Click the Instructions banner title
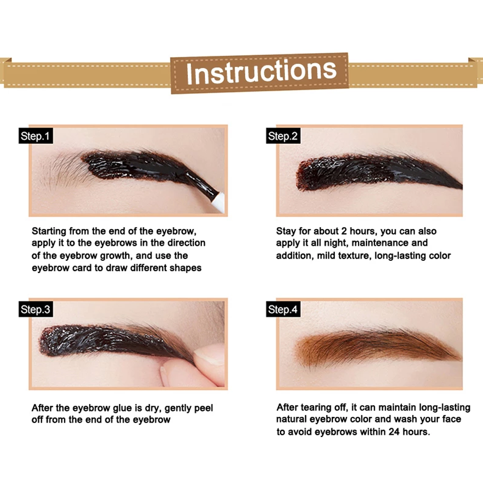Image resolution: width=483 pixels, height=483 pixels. pyautogui.click(x=261, y=71)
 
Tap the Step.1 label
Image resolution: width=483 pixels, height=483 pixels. pyautogui.click(x=35, y=136)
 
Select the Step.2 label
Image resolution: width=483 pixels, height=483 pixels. pyautogui.click(x=283, y=136)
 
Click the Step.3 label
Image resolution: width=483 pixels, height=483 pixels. pyautogui.click(x=35, y=310)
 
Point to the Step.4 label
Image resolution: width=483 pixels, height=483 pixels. pyautogui.click(x=283, y=310)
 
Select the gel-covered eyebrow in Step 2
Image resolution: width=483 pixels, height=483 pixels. pyautogui.click(x=372, y=171)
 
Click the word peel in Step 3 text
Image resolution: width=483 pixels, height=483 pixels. pyautogui.click(x=203, y=408)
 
